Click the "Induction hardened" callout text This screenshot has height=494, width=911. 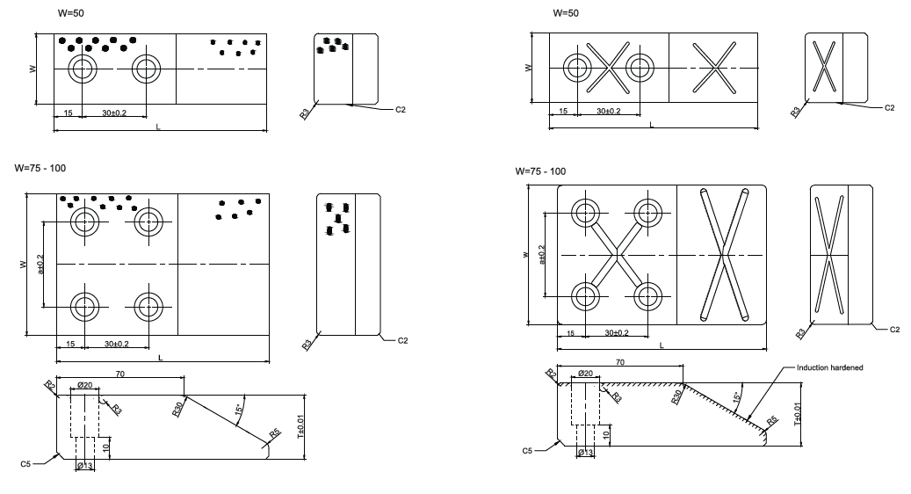[x=829, y=367]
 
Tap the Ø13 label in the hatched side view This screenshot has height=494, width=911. [x=584, y=452]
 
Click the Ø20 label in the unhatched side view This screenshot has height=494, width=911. [x=85, y=385]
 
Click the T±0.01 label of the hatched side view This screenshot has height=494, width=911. [x=798, y=414]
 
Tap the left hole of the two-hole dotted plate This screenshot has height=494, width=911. [x=83, y=69]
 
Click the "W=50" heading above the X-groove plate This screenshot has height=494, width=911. [x=567, y=14]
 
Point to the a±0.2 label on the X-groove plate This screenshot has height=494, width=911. [x=542, y=255]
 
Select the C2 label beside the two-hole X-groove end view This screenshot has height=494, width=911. [x=889, y=107]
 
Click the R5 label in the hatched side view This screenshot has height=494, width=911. [x=772, y=420]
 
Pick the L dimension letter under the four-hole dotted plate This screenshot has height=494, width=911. [x=160, y=357]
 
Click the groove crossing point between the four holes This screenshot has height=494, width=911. [x=618, y=255]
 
